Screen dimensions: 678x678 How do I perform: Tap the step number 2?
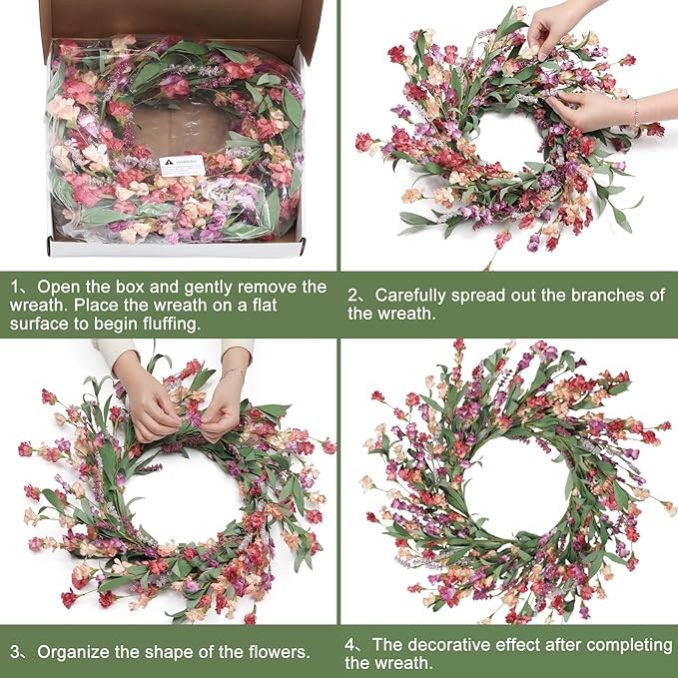[x=354, y=295]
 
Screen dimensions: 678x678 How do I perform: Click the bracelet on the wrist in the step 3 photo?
[x=232, y=373]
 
